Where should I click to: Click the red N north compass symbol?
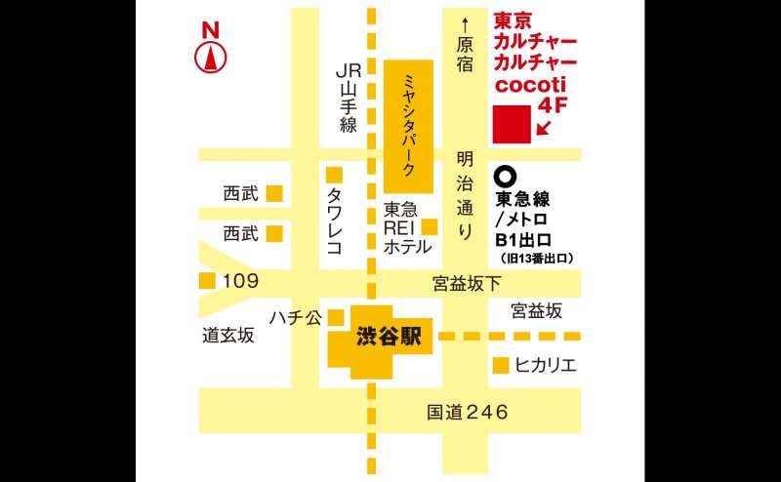click(x=209, y=49)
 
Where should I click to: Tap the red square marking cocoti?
click(x=511, y=124)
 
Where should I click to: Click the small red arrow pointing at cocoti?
click(x=543, y=127)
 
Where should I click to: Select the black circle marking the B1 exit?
click(x=505, y=177)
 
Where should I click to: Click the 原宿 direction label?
click(x=465, y=54)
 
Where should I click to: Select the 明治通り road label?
click(x=465, y=195)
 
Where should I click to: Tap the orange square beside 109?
click(x=206, y=281)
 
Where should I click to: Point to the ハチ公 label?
click(x=296, y=317)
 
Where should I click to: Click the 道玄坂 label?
click(x=228, y=336)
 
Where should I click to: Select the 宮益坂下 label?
click(x=467, y=284)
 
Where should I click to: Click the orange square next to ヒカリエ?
click(x=500, y=366)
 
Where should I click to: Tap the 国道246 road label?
click(x=468, y=412)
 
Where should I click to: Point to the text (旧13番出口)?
click(x=536, y=259)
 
